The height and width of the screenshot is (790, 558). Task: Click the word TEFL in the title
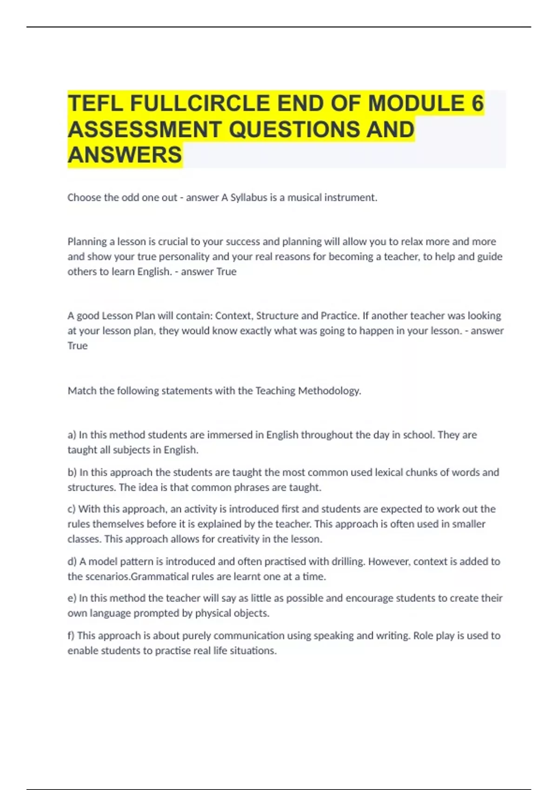(95, 103)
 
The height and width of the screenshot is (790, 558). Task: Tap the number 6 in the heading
(477, 103)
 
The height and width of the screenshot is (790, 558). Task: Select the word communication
(249, 636)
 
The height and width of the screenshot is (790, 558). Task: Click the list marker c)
(72, 509)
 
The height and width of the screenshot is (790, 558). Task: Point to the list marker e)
(72, 598)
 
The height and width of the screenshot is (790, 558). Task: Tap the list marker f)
(71, 636)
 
